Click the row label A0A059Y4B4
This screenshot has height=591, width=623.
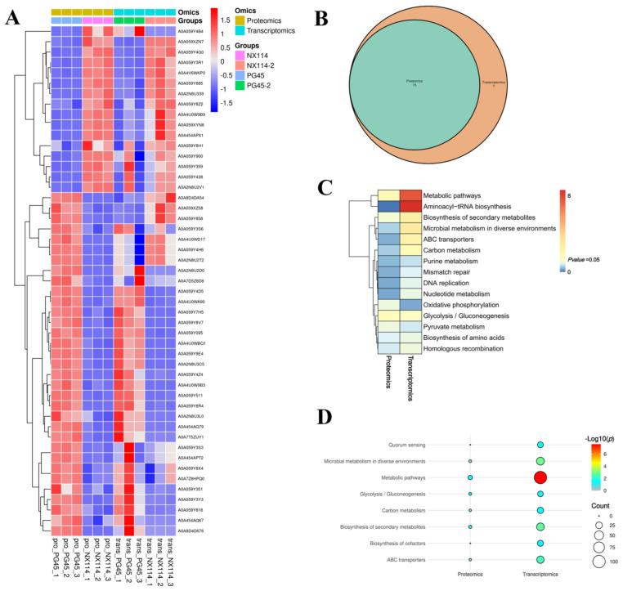coord(193,30)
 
